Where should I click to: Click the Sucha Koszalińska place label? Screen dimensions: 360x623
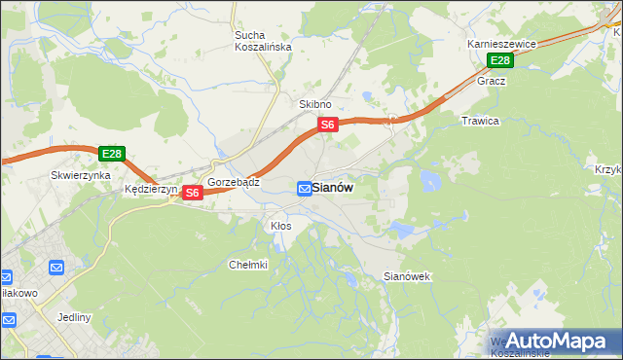point(257,43)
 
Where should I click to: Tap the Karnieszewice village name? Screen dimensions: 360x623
point(501,45)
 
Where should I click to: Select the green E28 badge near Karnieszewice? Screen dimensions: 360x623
point(499,61)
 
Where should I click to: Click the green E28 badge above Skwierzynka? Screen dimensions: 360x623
point(111,154)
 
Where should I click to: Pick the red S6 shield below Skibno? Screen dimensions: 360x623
point(328,125)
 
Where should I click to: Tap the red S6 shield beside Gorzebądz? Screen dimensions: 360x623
point(192,193)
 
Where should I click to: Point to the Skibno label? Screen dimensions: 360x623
point(315,104)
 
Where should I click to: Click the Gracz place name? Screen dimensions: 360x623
point(491,82)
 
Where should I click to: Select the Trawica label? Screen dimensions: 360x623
point(480,122)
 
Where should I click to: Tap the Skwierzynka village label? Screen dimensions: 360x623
point(79,176)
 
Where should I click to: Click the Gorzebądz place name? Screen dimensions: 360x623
point(233,182)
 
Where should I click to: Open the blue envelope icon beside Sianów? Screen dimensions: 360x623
point(305,188)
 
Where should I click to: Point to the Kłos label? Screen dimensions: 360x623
point(280,226)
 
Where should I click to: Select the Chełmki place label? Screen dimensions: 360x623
point(247,265)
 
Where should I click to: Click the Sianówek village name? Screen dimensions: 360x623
point(407,277)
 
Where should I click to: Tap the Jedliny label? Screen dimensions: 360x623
point(74,318)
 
